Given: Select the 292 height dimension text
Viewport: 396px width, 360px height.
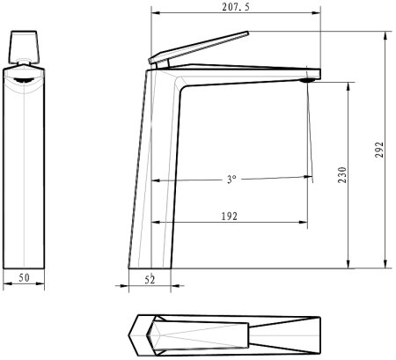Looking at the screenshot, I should tap(378, 151).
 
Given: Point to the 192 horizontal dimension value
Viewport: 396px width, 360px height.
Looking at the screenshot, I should tap(231, 214).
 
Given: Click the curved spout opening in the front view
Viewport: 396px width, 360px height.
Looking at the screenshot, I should tap(26, 79).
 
